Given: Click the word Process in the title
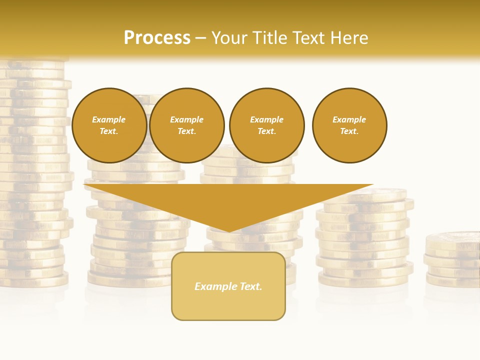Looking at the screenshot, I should tap(157, 38).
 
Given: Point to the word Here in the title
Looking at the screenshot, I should tap(350, 38).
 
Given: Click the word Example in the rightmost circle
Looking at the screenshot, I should tap(349, 119).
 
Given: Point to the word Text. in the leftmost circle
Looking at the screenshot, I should tap(109, 131).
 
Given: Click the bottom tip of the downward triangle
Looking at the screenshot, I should tap(228, 231).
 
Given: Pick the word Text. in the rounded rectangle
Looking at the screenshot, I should tap(251, 286).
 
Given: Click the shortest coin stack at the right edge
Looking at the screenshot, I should tap(452, 260).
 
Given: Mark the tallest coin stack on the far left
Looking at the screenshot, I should tap(32, 175).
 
